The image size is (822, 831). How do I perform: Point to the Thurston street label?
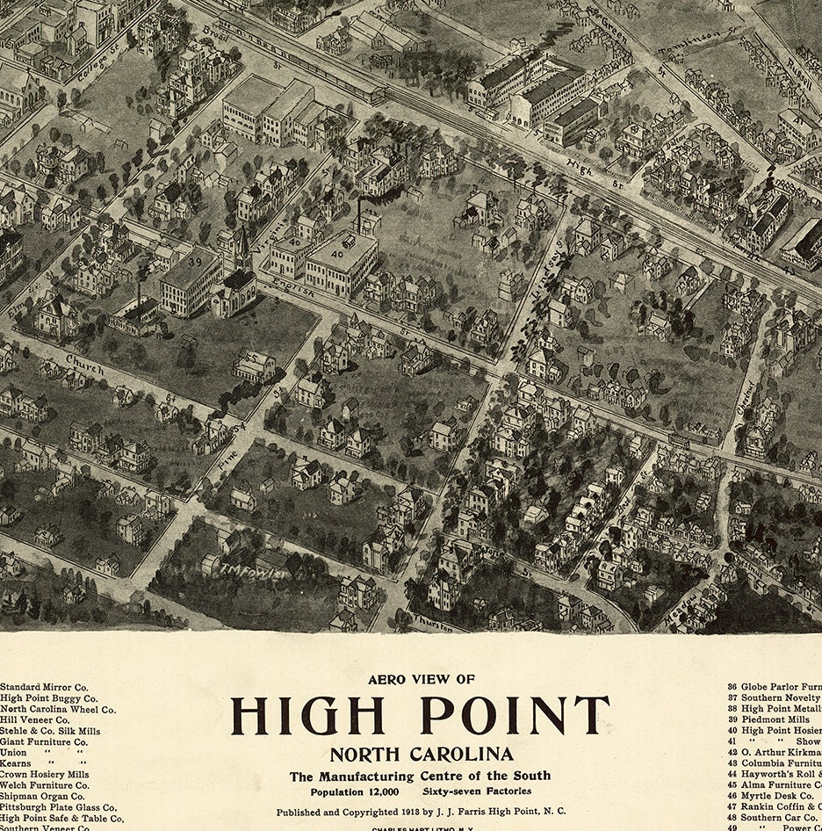[435, 625]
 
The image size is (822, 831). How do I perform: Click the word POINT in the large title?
[514, 716]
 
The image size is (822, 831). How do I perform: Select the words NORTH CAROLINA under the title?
[422, 754]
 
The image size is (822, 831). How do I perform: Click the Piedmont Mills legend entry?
[775, 719]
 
